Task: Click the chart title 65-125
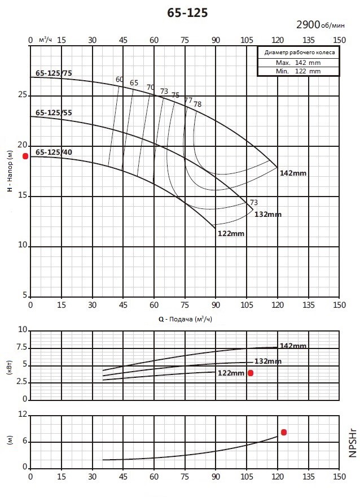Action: coord(187,12)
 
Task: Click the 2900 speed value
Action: coord(308,24)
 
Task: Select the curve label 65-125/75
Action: coord(54,73)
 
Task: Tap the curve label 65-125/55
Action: coord(54,113)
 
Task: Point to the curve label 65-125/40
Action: coord(54,152)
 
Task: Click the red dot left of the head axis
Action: coord(25,156)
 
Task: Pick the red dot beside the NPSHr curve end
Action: coord(284,433)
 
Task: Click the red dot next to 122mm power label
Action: coord(251,373)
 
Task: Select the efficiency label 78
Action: coord(197,104)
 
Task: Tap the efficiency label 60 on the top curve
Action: coord(120,79)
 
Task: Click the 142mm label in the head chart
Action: coord(293,173)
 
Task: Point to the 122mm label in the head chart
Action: coord(231,234)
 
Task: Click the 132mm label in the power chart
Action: coord(268,361)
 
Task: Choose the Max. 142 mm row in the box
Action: coord(298,63)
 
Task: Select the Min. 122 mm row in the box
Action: coord(298,71)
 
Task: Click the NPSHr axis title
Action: coord(353,443)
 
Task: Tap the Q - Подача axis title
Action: coord(185,319)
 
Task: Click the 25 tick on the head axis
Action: coord(23,95)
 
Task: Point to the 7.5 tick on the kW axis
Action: coord(22,348)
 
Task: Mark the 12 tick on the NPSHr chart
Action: coord(23,415)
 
